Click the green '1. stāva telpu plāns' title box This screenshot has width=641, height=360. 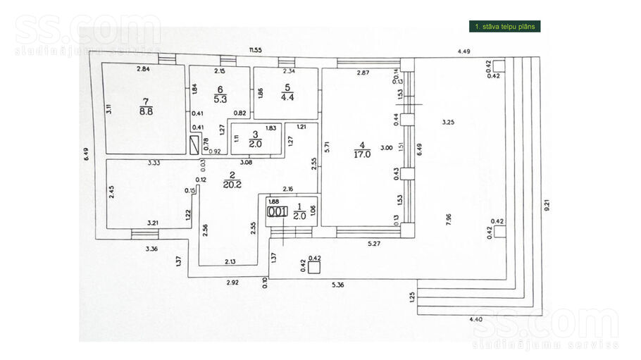(505, 27)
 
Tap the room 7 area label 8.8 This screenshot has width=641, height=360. (146, 111)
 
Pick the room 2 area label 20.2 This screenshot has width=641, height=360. (231, 185)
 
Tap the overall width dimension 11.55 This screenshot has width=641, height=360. (254, 50)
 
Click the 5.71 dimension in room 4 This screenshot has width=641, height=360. (327, 149)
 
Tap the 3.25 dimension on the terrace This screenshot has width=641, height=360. (447, 123)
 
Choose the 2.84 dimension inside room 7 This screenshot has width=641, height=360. (143, 69)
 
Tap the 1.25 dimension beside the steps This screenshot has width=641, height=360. (412, 297)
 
